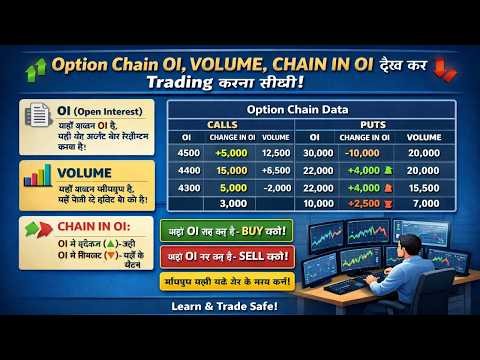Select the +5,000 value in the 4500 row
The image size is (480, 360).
231,153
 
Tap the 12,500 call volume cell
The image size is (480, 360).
275,153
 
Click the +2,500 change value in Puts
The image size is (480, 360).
363,204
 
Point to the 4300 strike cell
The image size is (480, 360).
187,187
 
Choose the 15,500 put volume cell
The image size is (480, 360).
423,187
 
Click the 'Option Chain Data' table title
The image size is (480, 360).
312,109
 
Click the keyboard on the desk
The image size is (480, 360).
353,285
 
